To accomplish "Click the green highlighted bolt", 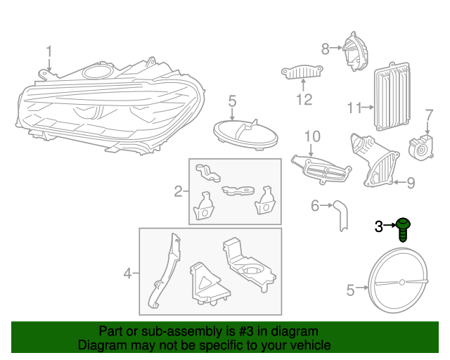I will click(403, 229).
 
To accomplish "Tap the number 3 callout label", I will click(378, 226).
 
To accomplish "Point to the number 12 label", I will click(303, 100).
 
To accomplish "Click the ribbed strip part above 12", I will click(302, 73).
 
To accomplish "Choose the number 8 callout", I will click(325, 49).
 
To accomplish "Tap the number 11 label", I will click(354, 108).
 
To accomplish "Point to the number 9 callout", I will click(411, 183).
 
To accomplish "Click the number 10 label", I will click(311, 136).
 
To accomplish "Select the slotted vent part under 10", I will click(321, 169).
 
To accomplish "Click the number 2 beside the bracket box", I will click(178, 191).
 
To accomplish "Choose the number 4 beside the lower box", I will click(127, 273).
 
